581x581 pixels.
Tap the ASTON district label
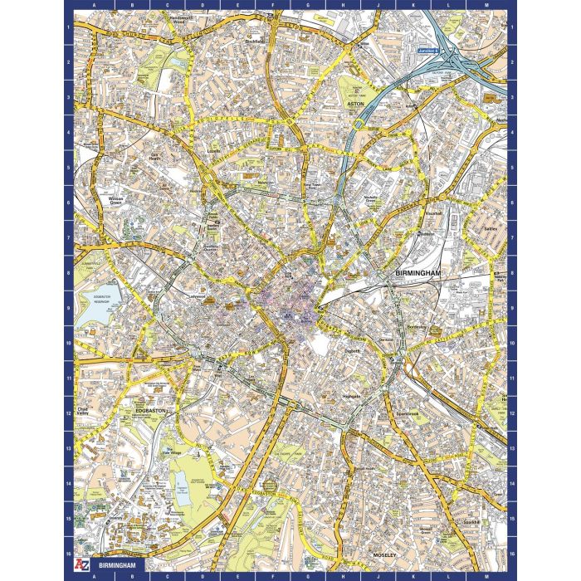tap(356, 105)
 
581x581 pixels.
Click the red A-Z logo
tap(81, 567)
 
